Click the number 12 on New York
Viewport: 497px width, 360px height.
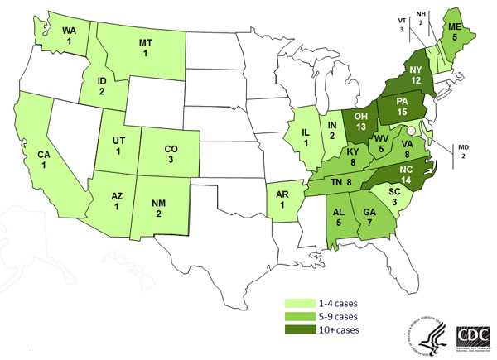[x=415, y=79]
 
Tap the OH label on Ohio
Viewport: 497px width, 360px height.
[x=359, y=116]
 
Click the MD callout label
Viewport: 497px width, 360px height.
[x=465, y=149]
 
